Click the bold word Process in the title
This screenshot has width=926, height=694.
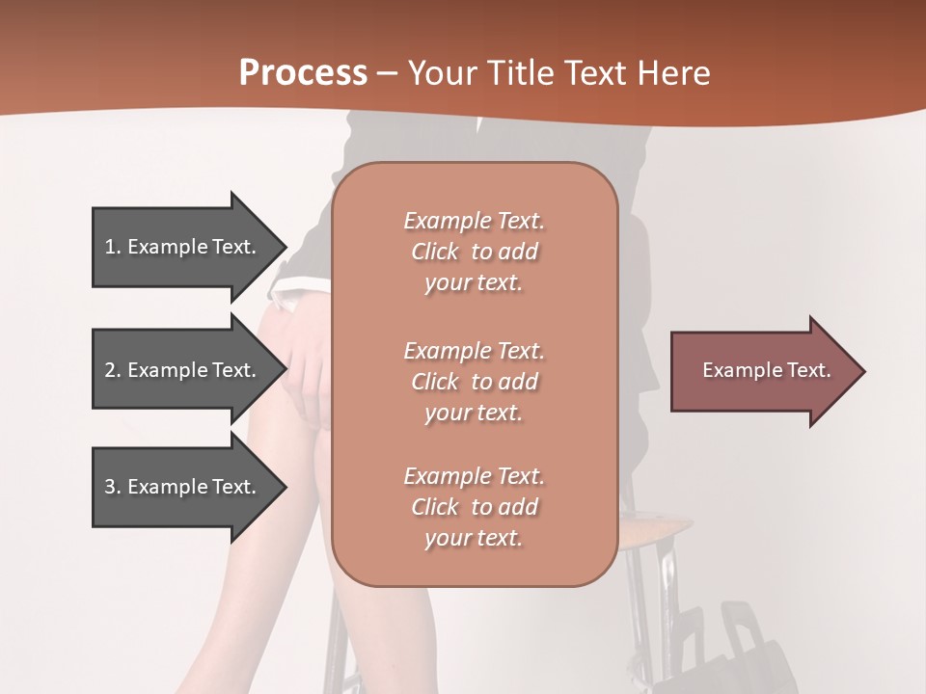(303, 72)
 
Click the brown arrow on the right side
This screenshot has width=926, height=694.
(762, 371)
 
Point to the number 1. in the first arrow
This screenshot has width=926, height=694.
(113, 247)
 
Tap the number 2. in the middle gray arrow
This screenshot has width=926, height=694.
(113, 370)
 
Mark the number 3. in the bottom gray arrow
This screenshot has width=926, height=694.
(113, 487)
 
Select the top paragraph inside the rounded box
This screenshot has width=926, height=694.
(474, 252)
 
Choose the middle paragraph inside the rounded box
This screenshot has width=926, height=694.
(474, 381)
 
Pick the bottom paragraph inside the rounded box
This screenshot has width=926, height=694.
(474, 507)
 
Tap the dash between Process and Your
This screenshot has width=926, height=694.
(387, 73)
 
